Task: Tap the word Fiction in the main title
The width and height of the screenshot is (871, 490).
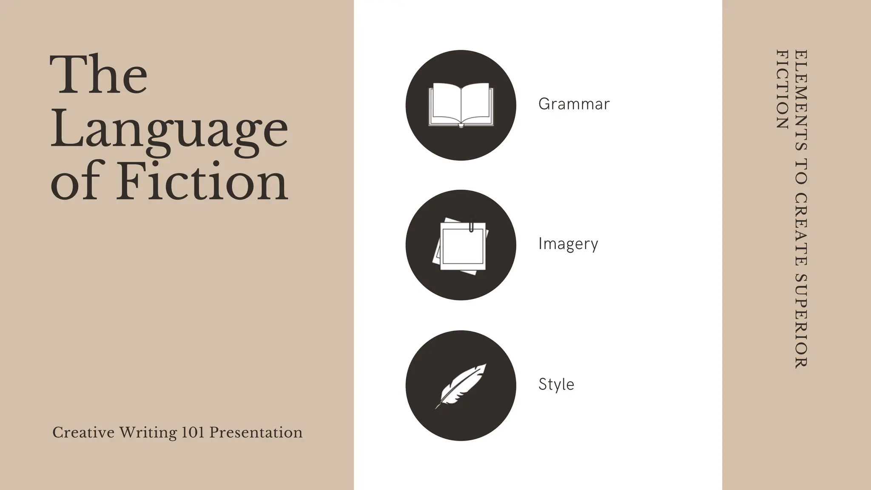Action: [202, 182]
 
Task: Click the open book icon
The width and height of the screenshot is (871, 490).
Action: [461, 105]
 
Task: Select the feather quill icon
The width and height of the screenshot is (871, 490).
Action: [461, 386]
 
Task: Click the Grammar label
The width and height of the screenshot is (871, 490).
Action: [574, 104]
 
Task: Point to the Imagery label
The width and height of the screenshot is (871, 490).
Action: [568, 244]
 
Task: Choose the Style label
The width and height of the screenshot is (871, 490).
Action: [556, 384]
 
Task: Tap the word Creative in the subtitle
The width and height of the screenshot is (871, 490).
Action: [83, 433]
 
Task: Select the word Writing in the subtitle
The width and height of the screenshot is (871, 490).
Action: [148, 433]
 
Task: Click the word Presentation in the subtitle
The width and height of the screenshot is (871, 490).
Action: [256, 433]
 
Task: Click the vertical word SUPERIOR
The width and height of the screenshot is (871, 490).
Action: [801, 321]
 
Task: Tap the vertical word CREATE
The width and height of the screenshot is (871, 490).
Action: [801, 229]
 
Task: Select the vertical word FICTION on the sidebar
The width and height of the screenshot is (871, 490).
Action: [783, 89]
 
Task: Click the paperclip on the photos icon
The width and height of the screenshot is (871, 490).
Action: [471, 227]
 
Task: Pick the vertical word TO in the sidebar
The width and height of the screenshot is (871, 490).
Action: [801, 171]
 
